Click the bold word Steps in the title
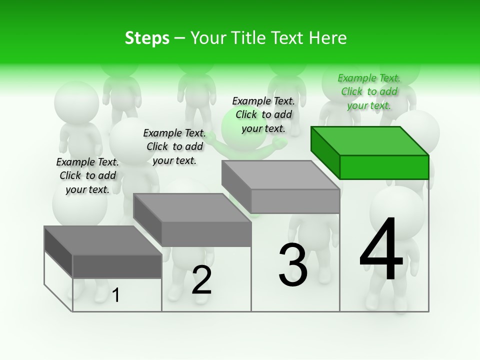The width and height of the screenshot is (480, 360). [x=147, y=38]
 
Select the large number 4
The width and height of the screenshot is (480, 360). [x=381, y=250]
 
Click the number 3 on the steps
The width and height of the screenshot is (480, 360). [x=293, y=265]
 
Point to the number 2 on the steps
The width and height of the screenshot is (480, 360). [x=201, y=280]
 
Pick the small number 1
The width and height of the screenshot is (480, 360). [x=116, y=295]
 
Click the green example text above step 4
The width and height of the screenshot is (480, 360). [x=369, y=91]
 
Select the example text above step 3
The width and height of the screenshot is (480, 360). [x=263, y=114]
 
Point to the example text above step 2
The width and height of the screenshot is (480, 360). [x=174, y=146]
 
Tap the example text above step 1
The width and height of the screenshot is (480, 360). [x=87, y=175]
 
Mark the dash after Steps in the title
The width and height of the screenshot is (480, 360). [x=179, y=38]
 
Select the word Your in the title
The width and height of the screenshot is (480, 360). [x=208, y=38]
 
